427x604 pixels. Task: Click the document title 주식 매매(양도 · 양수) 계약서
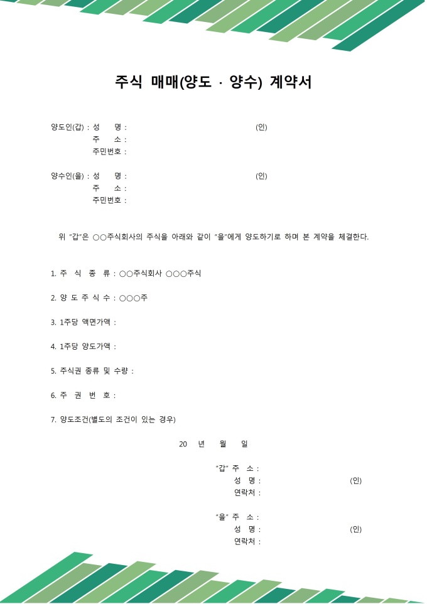coord(213,82)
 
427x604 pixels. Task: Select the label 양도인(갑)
coord(67,127)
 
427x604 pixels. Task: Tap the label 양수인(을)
coord(67,176)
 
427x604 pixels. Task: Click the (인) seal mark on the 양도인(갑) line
coord(261,127)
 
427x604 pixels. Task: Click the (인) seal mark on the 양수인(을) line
coord(261,176)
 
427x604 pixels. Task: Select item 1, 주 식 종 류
coord(85,274)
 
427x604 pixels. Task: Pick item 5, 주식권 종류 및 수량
coord(92,371)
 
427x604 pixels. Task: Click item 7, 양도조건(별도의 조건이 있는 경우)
coord(113,420)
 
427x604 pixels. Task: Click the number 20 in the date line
coord(183,445)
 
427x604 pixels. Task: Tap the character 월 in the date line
coord(223,445)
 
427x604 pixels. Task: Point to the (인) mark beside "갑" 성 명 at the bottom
coord(355,482)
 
